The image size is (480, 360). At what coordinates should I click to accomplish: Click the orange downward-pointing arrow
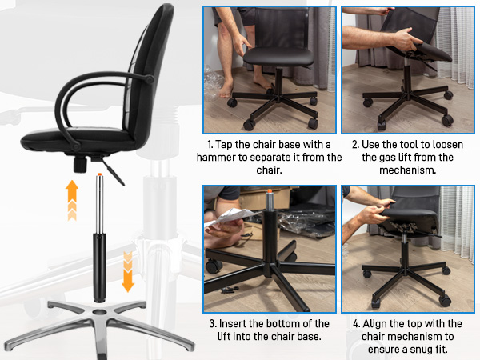[x=126, y=270]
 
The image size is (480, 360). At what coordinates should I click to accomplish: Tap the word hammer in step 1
[x=232, y=157]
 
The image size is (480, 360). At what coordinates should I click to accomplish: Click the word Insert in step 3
[x=242, y=323]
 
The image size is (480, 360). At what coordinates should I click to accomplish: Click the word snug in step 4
[x=417, y=350]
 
